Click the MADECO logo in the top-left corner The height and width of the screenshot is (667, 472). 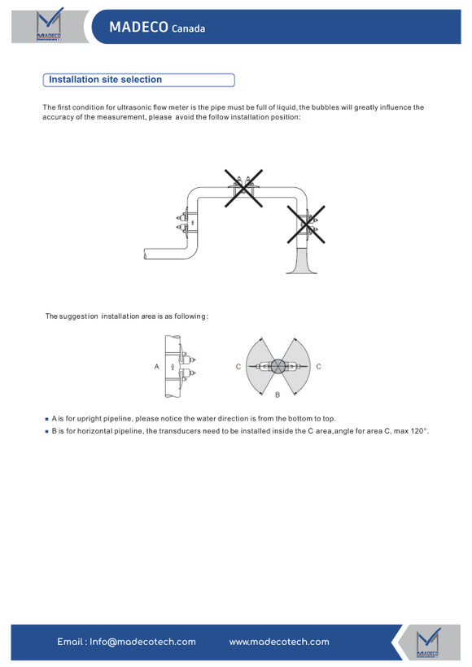click(49, 24)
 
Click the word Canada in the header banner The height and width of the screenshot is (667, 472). click(188, 28)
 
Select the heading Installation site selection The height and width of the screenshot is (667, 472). click(105, 80)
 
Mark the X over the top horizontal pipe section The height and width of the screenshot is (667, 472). click(243, 189)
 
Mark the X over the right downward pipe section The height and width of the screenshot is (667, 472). click(306, 225)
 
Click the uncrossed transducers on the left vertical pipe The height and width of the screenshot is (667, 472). click(183, 223)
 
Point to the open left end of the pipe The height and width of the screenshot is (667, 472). click(146, 254)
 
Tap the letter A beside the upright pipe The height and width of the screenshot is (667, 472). click(156, 366)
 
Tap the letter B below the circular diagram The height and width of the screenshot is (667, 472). click(278, 395)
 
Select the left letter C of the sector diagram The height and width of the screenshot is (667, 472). click(238, 366)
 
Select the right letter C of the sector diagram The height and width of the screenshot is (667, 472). click(318, 366)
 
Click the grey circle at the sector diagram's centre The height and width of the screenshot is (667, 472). click(278, 366)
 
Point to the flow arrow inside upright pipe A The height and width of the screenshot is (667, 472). click(173, 366)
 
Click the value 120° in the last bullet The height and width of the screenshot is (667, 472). click(419, 431)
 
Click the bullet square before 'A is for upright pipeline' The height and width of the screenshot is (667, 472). click(47, 419)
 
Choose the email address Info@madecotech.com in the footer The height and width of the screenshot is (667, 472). click(142, 642)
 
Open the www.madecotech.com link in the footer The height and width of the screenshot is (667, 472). click(279, 642)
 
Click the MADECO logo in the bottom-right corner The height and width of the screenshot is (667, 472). click(429, 643)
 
